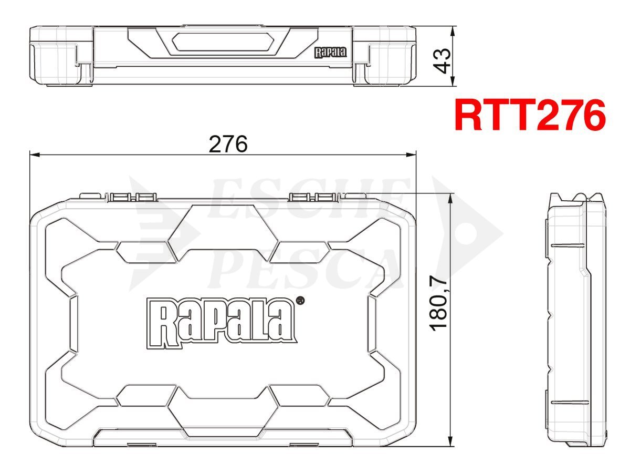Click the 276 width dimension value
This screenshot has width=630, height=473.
tap(228, 144)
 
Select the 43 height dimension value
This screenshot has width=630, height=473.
tap(442, 61)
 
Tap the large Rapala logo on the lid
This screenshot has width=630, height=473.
tap(222, 324)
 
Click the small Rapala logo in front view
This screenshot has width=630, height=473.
tap(331, 53)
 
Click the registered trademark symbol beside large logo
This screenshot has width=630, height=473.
tap(300, 301)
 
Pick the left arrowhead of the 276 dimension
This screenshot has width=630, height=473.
tap(35, 155)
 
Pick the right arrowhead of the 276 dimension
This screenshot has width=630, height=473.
tap(411, 155)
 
